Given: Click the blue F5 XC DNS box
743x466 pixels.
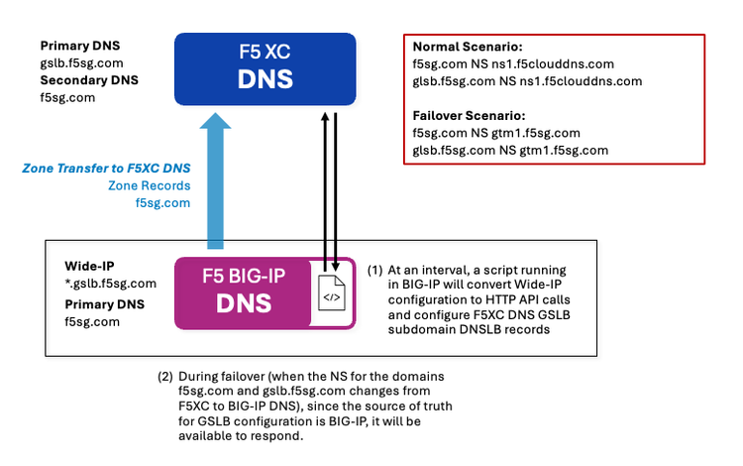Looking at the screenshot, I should coord(265,68).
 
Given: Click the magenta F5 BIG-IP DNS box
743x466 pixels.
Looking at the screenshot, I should coord(244,292).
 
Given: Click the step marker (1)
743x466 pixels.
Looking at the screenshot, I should coord(374,270).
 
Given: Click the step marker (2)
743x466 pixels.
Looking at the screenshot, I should coord(164,377).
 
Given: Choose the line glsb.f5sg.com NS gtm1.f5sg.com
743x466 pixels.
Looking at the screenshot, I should coord(510,150).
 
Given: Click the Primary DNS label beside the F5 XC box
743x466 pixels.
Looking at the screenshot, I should coord(78,47).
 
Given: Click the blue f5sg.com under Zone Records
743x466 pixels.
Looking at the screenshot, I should coord(161,203).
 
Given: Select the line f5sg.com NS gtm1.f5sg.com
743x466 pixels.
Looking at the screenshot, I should coord(495,132).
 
